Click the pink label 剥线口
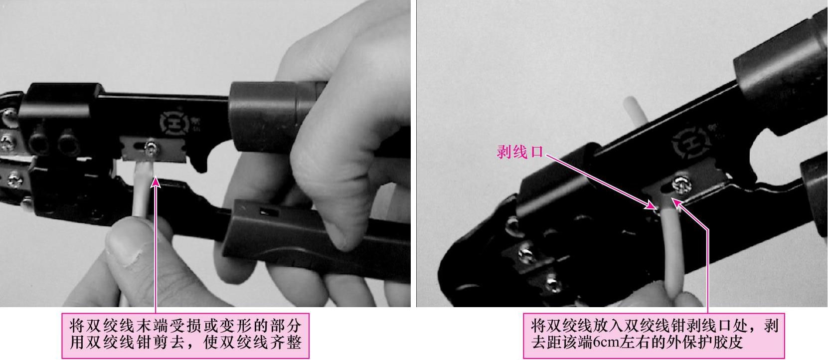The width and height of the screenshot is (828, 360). click(x=520, y=152)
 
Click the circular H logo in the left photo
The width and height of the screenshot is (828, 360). click(x=174, y=123)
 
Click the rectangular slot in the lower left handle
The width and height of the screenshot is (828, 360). click(x=269, y=212)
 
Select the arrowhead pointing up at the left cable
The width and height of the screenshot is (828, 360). click(x=156, y=182)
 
